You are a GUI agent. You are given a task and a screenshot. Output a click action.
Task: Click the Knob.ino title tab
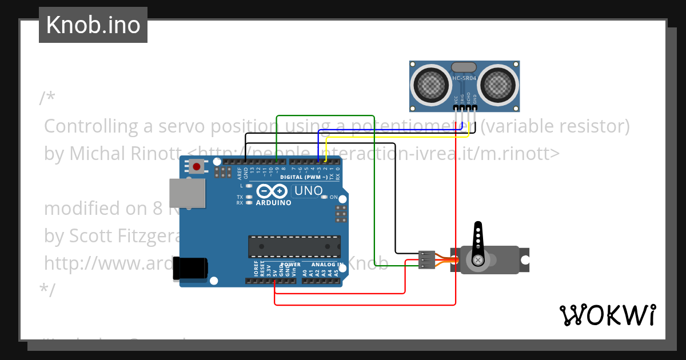pos(93,25)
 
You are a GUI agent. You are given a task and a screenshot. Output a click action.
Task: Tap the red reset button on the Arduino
pos(197,167)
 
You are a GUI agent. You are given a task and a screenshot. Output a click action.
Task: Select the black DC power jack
pos(190,268)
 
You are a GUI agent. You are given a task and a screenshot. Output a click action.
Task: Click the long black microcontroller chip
pos(294,246)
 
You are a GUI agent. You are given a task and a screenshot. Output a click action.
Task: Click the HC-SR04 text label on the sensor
pos(464,78)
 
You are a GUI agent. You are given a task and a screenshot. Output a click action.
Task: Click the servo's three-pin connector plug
pos(426,259)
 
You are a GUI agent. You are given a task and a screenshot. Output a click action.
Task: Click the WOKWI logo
pos(607,315)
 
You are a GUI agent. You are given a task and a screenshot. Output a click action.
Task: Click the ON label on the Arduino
pos(334,197)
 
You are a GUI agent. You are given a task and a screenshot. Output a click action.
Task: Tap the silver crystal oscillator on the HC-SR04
pos(464,67)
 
